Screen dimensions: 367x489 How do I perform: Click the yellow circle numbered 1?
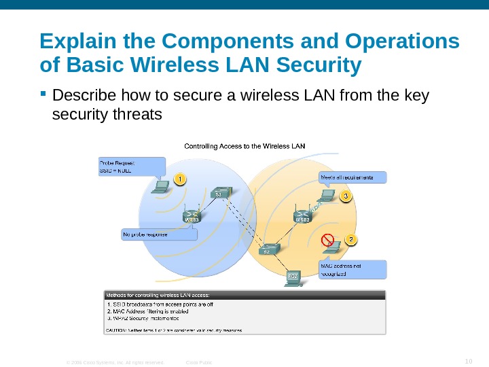pos(179,179)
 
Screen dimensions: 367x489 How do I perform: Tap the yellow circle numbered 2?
pos(350,240)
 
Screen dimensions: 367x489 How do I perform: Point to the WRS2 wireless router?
pos(302,213)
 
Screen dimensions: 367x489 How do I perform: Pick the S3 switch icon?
pos(220,191)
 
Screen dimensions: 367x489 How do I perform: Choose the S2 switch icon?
pos(268,249)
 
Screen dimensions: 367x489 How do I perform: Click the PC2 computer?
pos(293,277)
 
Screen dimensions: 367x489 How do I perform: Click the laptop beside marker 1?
pos(161,186)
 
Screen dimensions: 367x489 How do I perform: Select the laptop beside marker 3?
pos(327,196)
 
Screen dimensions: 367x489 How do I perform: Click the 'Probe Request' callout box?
pos(132,167)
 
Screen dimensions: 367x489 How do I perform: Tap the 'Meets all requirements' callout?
pos(352,177)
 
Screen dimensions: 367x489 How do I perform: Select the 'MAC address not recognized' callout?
pos(352,269)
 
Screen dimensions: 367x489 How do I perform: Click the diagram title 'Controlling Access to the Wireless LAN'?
pos(245,145)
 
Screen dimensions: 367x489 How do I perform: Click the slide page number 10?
pos(468,360)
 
